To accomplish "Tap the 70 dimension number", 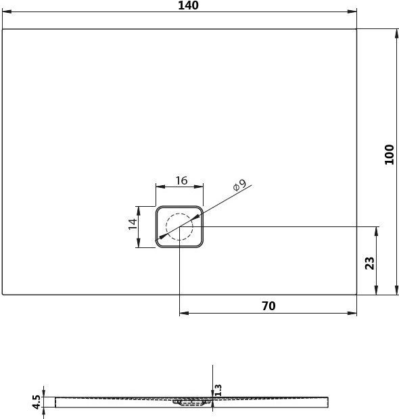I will pyautogui.click(x=268, y=306).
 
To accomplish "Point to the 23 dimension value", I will pyautogui.click(x=369, y=262).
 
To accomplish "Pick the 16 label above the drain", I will pyautogui.click(x=181, y=180).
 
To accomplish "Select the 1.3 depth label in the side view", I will pyautogui.click(x=218, y=390).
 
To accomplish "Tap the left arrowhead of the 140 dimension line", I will pyautogui.click(x=6, y=12).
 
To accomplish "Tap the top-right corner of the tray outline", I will pyautogui.click(x=356, y=29).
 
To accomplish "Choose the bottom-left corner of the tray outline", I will pyautogui.click(x=3, y=295).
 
